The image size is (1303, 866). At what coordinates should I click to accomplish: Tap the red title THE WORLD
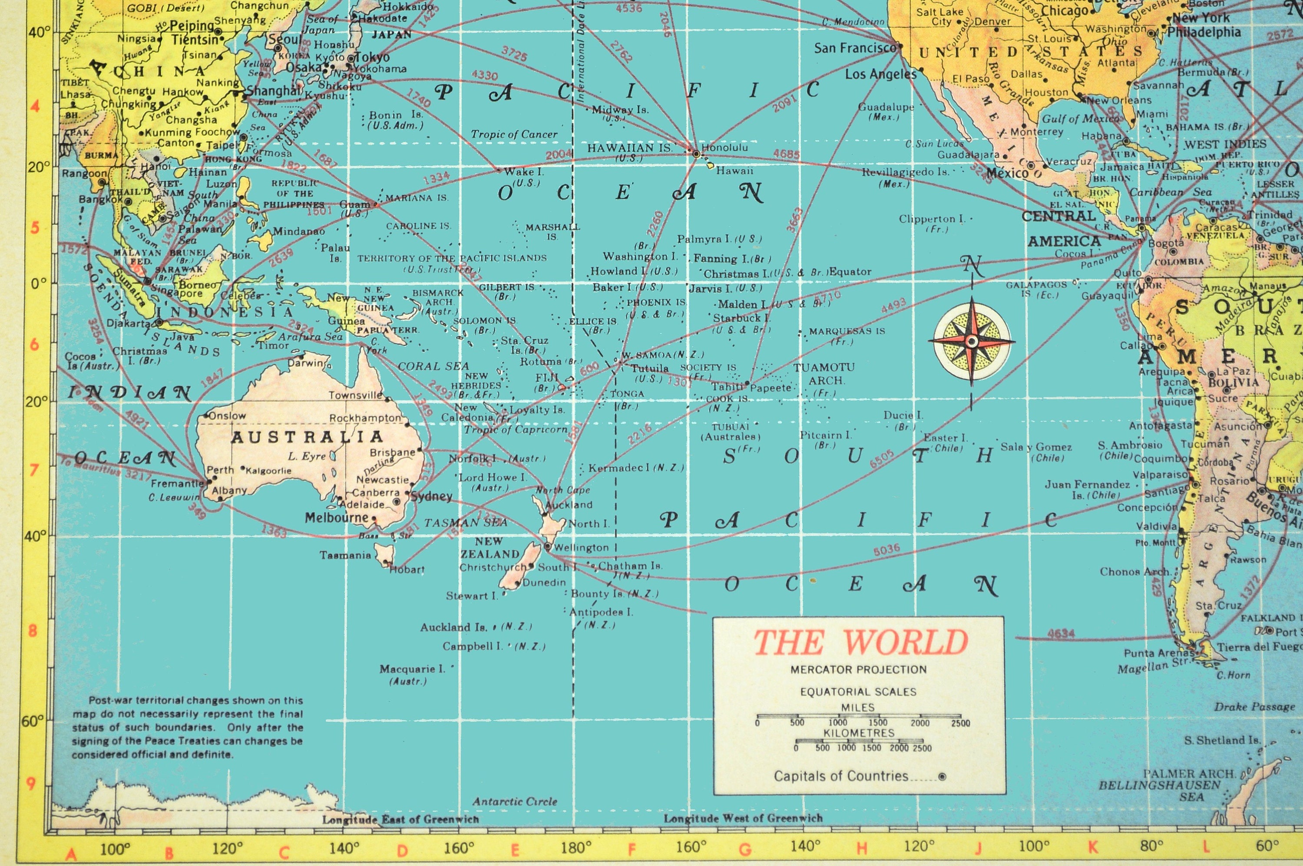[x=860, y=642]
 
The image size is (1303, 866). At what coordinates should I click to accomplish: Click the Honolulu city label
[x=724, y=148]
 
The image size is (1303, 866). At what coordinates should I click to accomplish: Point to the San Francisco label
[x=854, y=48]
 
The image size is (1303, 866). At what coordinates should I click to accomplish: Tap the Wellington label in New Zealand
[x=581, y=547]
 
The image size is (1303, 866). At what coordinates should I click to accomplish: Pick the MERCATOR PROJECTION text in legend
[x=858, y=669]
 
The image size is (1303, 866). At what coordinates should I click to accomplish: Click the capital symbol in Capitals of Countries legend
[x=942, y=777]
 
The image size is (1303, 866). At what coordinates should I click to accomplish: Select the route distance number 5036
[x=886, y=550]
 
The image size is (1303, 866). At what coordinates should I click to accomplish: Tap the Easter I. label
[x=946, y=438]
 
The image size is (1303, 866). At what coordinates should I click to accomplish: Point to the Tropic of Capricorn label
[x=515, y=429]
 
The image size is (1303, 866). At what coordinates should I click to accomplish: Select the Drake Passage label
[x=1254, y=706]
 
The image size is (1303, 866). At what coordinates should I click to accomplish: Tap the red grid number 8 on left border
[x=33, y=631]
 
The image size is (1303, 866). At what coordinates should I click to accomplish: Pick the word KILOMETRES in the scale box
[x=859, y=733]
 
